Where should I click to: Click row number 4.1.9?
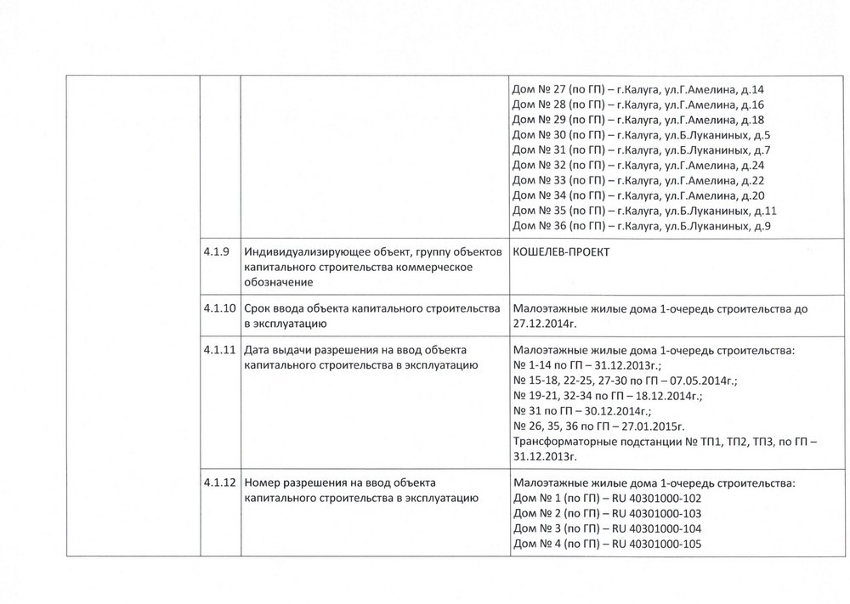click(215, 251)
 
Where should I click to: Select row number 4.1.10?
click(218, 309)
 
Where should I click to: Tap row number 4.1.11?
click(218, 349)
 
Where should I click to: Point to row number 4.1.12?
click(218, 483)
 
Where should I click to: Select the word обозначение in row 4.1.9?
click(277, 282)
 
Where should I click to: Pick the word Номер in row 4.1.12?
click(260, 483)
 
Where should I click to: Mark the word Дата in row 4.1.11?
click(256, 349)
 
